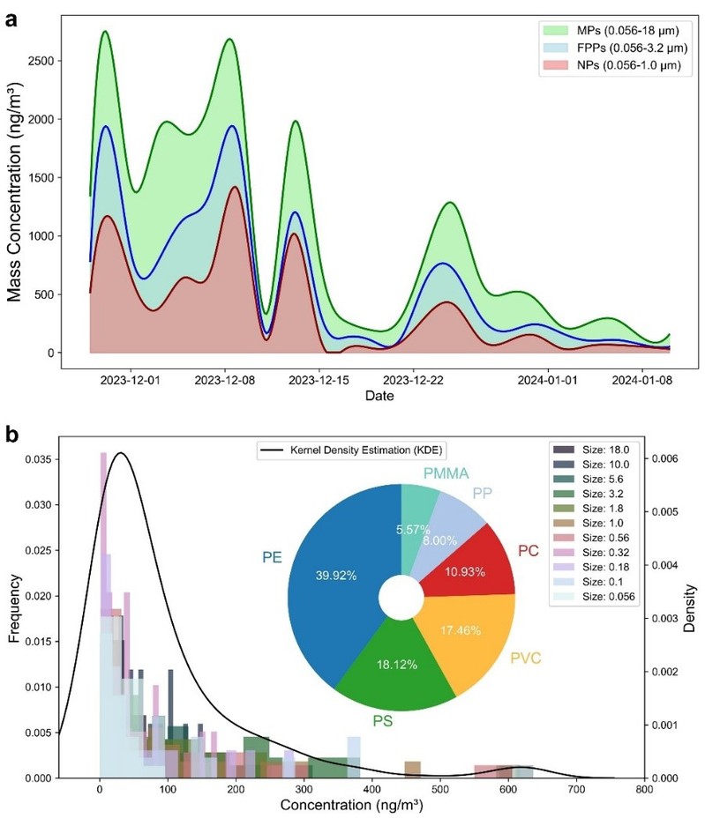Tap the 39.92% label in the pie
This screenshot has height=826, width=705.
[x=335, y=574]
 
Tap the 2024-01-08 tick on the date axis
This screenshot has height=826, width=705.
[x=639, y=381]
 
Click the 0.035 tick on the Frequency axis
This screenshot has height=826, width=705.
[x=38, y=459]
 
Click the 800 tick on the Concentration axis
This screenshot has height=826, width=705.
[x=645, y=792]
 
